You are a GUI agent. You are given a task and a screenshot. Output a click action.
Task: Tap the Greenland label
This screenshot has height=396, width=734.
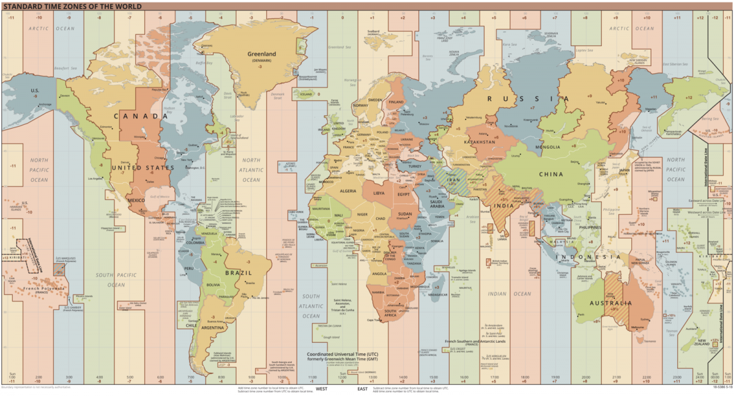coord(262,54)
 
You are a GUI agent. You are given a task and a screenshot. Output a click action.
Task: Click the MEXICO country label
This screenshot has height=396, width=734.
coord(136,201)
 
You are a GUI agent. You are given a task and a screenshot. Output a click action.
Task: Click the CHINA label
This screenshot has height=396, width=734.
coord(550,174)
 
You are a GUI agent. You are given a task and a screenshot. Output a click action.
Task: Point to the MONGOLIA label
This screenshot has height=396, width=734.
coord(548,147)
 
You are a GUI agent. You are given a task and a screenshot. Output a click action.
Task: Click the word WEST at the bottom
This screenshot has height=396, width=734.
coord(321,388)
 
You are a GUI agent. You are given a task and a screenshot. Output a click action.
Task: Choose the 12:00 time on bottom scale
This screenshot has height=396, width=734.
coord(342,378)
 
